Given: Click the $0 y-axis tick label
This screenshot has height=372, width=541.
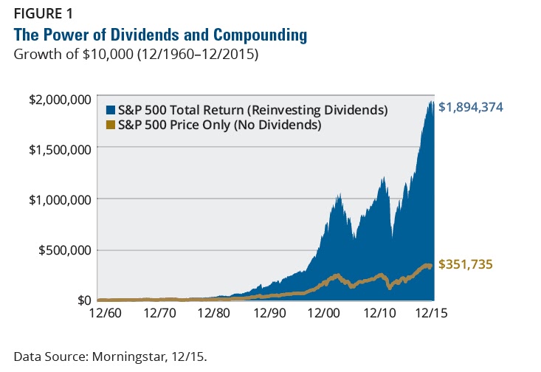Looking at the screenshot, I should click(x=82, y=300).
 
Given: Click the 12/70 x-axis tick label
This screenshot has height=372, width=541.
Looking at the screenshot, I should click(x=159, y=314).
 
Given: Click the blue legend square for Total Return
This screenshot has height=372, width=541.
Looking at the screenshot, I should click(x=111, y=111).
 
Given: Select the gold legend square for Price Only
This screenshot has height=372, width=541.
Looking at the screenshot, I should click(x=111, y=125).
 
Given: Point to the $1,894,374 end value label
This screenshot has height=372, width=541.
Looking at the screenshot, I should click(x=470, y=107).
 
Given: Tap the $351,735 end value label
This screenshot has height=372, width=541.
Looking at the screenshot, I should click(x=465, y=264).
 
